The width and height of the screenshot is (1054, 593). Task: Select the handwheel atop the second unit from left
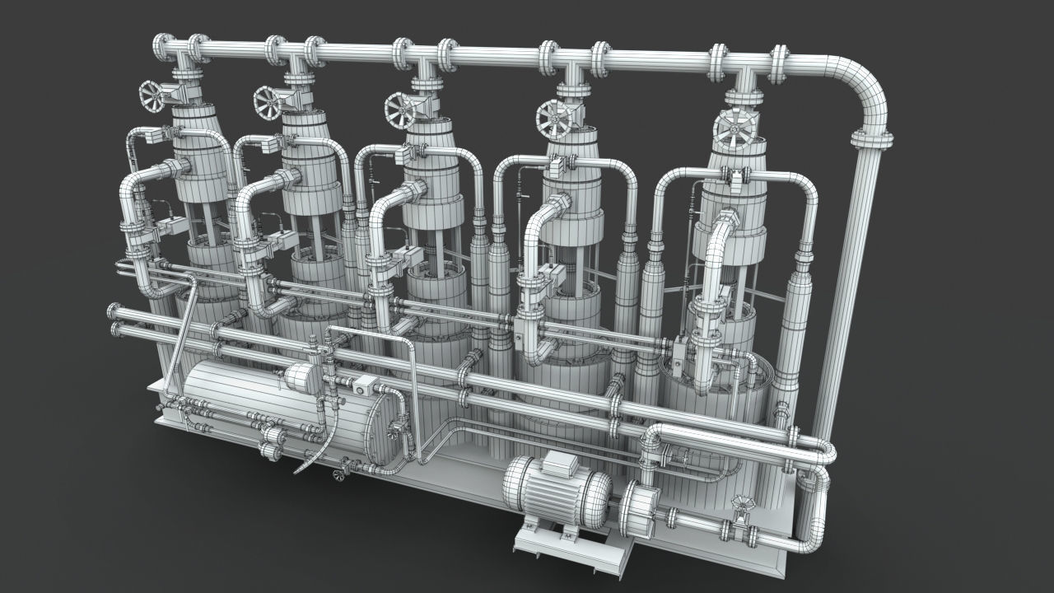pyautogui.click(x=268, y=100)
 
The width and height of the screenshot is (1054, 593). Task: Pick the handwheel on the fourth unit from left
pyautogui.click(x=553, y=119)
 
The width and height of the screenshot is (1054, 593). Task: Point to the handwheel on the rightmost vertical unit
pyautogui.click(x=734, y=128)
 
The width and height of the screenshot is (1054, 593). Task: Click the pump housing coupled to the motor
pyautogui.click(x=639, y=506)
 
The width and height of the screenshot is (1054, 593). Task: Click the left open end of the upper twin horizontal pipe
pyautogui.click(x=113, y=311)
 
